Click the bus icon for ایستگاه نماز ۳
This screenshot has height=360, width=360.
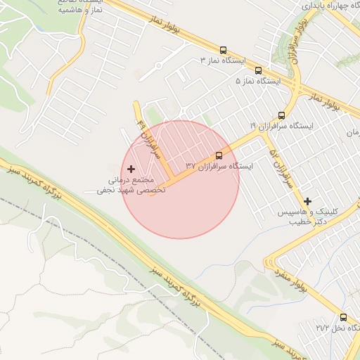coord(223,50)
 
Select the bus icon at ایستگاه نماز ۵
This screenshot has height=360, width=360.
coord(258,70)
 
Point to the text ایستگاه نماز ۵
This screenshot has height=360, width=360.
coord(257,82)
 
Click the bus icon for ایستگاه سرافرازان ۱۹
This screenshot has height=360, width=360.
coord(282,115)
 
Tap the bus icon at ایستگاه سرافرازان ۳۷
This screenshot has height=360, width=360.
coord(219,155)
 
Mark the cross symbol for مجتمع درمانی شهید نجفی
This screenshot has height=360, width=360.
coord(131,169)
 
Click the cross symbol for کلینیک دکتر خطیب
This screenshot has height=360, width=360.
coord(307,201)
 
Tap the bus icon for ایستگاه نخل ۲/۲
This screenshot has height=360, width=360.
coord(343,317)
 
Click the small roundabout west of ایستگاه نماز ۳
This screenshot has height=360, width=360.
coord(159,65)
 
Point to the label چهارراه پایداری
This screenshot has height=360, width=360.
coord(330,5)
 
